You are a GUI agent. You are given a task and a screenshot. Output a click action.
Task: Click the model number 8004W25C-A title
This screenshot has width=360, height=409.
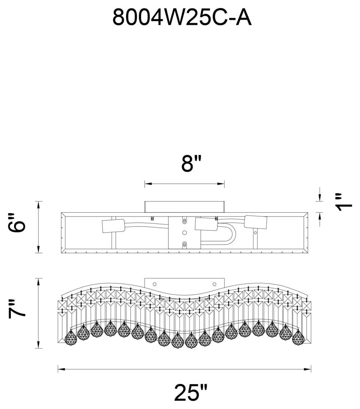tap(182, 18)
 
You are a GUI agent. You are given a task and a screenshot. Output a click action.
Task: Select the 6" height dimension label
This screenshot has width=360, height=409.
tap(17, 223)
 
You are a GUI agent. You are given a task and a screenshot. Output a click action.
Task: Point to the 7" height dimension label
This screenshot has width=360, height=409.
tap(17, 309)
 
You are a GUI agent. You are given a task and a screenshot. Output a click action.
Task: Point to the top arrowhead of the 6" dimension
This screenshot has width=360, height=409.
tap(38, 205)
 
